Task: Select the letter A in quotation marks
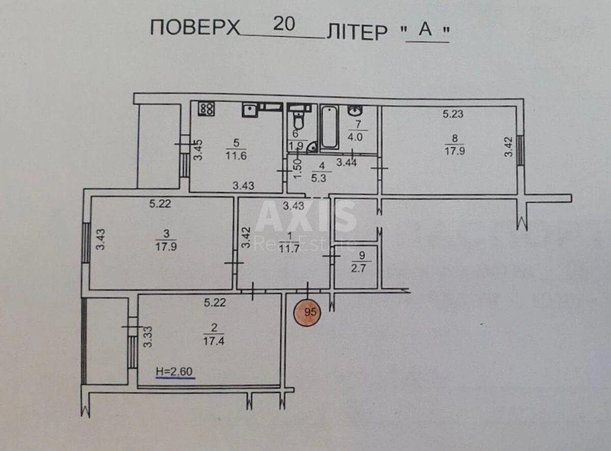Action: [x=426, y=31]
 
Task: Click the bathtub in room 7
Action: [x=329, y=127]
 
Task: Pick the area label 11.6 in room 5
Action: [x=236, y=156]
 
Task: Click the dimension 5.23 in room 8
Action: [x=453, y=115]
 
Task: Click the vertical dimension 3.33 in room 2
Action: [x=148, y=337]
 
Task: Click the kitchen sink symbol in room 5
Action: [x=249, y=109]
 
